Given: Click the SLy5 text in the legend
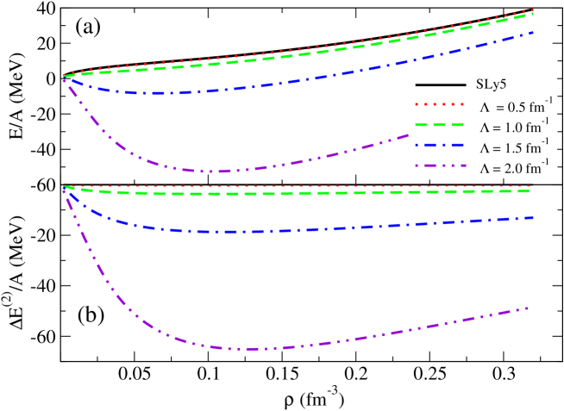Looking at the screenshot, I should (492, 84).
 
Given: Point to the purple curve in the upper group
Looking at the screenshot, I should (216, 171).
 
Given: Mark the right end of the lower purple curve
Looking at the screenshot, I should (527, 308).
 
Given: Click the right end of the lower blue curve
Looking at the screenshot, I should (533, 218).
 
